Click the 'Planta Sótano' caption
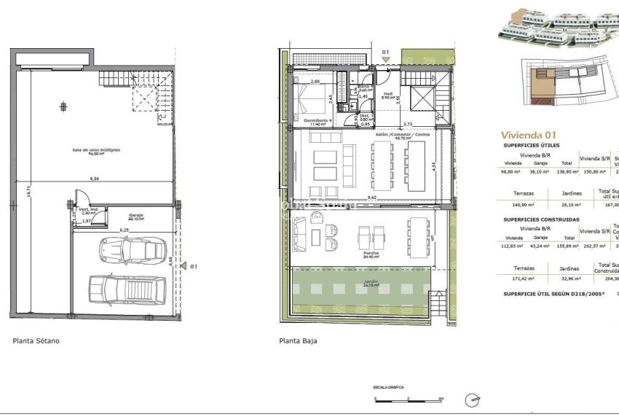[x=36, y=340]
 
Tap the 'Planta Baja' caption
[x=299, y=340]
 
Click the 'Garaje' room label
[x=135, y=217]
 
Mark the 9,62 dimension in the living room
[x=372, y=198]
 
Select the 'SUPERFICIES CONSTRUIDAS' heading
[x=541, y=219]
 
